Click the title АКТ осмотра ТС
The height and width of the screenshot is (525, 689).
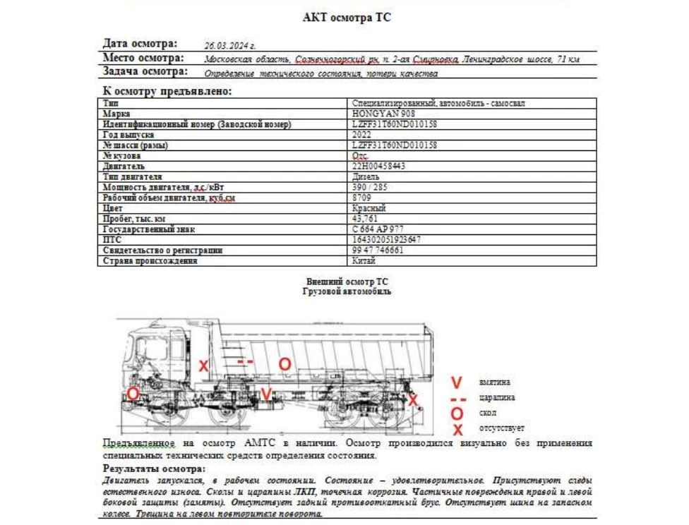pos(346,18)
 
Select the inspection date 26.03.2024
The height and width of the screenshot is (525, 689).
pos(229,44)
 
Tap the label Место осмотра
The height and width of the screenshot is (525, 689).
pos(143,58)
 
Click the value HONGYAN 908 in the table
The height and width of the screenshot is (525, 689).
pos(383,114)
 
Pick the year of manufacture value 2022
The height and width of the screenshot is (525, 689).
pos(361,135)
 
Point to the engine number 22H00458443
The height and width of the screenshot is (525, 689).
pos(378,167)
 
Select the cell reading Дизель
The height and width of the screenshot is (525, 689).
pos(366,176)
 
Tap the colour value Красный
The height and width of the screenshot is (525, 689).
pos(369,208)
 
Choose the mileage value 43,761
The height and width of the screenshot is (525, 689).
pos(365,219)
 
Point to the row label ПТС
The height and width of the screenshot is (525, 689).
pos(112,240)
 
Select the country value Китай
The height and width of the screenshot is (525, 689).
pos(364,261)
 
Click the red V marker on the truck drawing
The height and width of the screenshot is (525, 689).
pos(265,394)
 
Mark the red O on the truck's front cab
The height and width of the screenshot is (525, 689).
pos(133,394)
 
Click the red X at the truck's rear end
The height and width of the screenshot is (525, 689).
pos(414,401)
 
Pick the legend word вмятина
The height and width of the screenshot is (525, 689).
pos(495,382)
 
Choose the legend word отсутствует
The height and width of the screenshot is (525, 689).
pos(502,428)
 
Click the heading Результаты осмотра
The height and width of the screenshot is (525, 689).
pos(154,469)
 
